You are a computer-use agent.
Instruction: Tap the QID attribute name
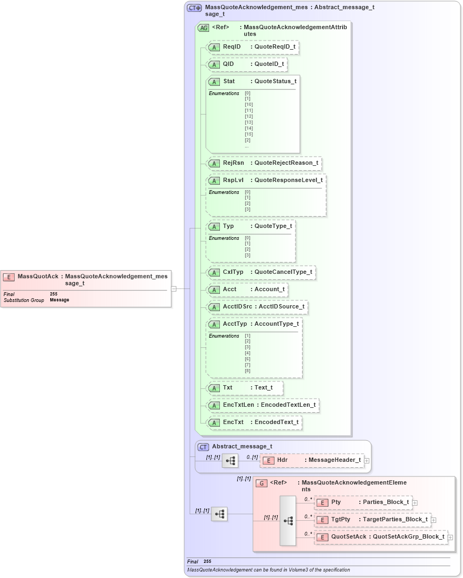click(x=228, y=64)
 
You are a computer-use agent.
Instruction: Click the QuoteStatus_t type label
click(x=275, y=81)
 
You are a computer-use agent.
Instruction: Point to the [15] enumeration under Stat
click(x=249, y=134)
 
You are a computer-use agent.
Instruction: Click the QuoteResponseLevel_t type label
click(x=288, y=180)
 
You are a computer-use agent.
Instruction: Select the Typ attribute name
click(x=228, y=226)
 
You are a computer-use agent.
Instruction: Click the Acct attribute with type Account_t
click(x=247, y=289)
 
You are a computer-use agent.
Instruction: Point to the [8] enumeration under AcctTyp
click(x=247, y=371)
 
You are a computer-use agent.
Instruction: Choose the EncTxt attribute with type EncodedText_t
click(x=254, y=422)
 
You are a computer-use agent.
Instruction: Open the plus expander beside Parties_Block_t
click(x=415, y=502)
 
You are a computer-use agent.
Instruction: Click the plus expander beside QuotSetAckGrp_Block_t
click(x=450, y=537)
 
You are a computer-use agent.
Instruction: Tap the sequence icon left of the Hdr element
click(x=230, y=460)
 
